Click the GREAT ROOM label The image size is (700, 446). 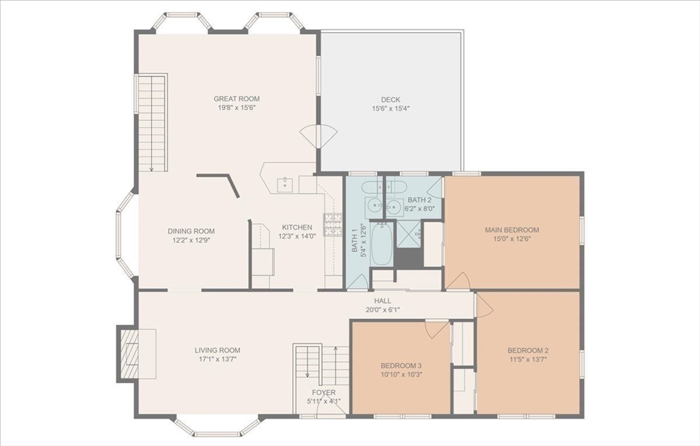(237, 99)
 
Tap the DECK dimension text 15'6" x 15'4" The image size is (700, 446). (390, 109)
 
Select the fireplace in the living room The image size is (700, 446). (129, 353)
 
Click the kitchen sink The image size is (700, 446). (285, 184)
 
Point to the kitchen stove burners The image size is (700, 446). (332, 225)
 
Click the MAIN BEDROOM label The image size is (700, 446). (512, 230)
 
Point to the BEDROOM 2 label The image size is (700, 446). (528, 350)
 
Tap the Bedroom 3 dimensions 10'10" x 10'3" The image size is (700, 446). (401, 374)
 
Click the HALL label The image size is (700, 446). (382, 301)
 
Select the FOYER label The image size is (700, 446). (323, 393)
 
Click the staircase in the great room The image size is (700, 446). (152, 123)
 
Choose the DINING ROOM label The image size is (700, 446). (191, 232)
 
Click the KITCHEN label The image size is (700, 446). (297, 227)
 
